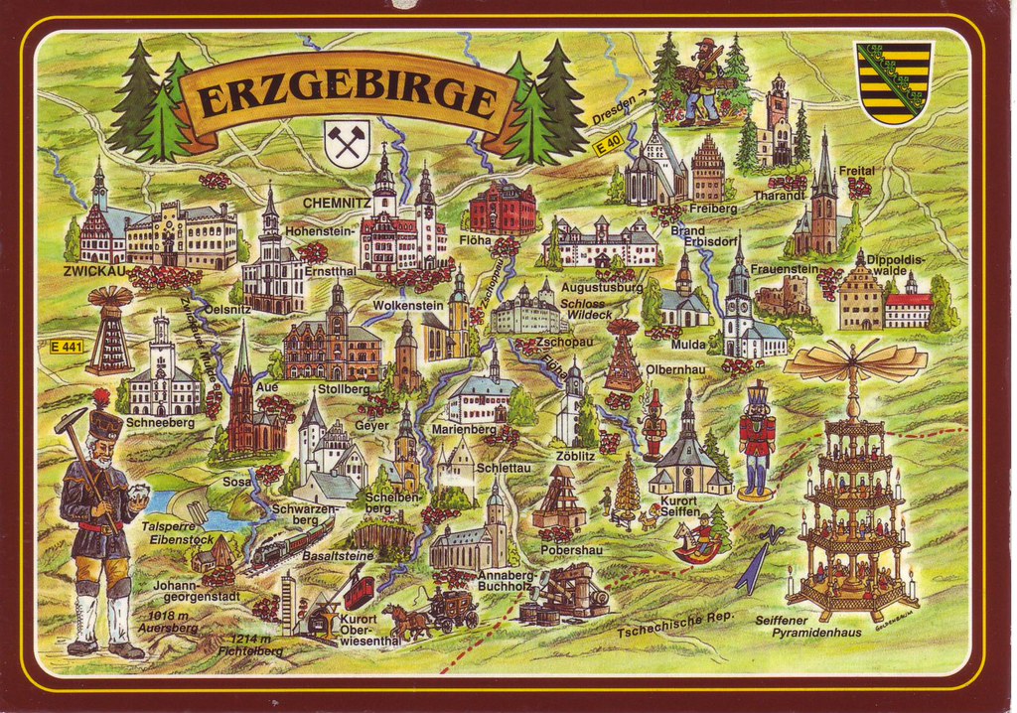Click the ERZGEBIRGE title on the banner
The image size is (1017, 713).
click(346, 97)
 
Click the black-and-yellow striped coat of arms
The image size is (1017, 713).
click(895, 82)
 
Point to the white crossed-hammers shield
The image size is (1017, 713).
click(347, 143)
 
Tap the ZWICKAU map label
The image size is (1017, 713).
click(93, 270)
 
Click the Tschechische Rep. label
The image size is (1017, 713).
click(674, 623)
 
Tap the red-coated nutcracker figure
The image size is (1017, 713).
click(757, 438)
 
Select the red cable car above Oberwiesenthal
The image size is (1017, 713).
click(358, 592)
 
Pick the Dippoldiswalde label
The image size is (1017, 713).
click(898, 264)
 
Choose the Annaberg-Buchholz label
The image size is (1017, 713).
click(508, 581)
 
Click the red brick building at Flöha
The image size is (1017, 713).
click(503, 208)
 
